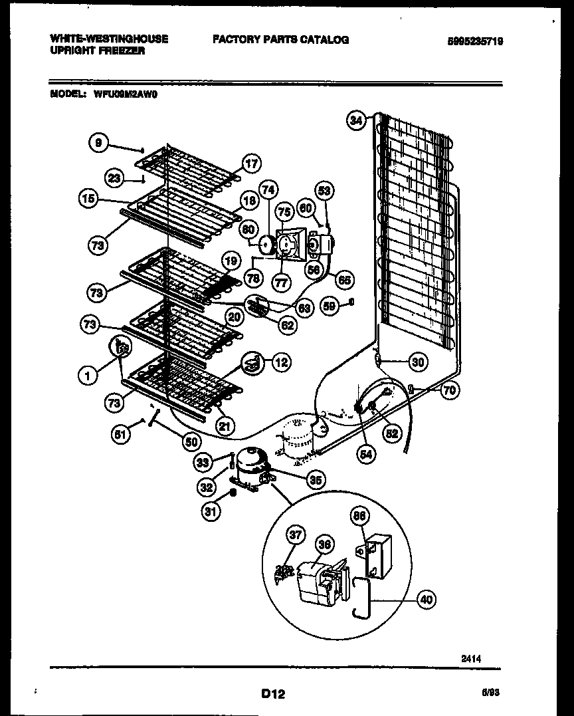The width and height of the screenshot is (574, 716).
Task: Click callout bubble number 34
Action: click(x=357, y=120)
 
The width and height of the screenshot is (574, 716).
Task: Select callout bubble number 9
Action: click(x=98, y=142)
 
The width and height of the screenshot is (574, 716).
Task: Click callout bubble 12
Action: click(x=281, y=362)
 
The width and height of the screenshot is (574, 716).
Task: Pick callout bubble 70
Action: click(x=450, y=390)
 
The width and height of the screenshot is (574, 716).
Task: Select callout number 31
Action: click(x=211, y=512)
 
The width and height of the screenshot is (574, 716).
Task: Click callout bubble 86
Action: click(x=360, y=515)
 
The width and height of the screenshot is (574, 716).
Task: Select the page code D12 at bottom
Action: click(x=272, y=694)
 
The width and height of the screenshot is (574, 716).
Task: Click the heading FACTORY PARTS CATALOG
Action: click(x=280, y=40)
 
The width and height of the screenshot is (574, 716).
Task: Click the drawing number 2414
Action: click(x=470, y=659)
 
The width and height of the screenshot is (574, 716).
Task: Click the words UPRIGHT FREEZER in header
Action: click(x=97, y=51)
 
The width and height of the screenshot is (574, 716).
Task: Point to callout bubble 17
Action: click(x=250, y=163)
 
